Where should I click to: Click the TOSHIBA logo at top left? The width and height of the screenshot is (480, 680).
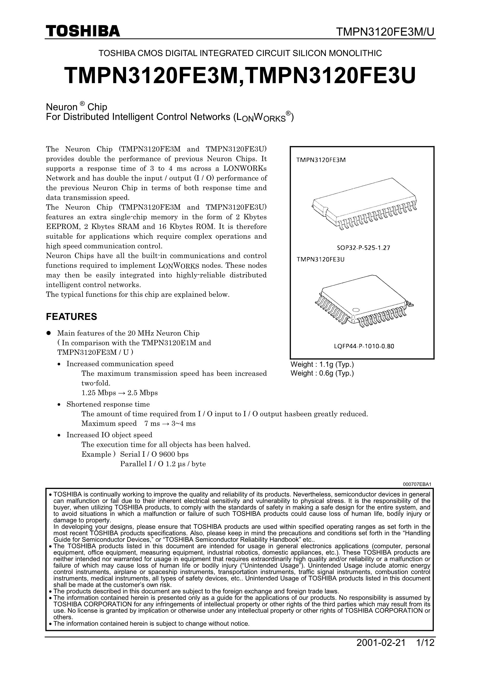(83, 31)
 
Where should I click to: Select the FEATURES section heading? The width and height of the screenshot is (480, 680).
(71, 317)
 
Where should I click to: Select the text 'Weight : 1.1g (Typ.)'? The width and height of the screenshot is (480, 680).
(322, 364)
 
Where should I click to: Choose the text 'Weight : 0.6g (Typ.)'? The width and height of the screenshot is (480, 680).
(322, 373)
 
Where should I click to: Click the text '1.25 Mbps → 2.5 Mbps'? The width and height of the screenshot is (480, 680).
(120, 393)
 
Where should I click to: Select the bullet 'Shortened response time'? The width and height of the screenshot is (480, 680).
(108, 404)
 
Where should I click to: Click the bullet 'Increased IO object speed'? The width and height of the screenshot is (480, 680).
(109, 435)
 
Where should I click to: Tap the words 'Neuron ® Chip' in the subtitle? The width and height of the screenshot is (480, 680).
(76, 107)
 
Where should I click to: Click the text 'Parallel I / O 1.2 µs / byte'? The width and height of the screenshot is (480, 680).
(163, 464)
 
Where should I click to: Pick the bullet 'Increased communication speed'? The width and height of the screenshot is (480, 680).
(120, 364)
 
